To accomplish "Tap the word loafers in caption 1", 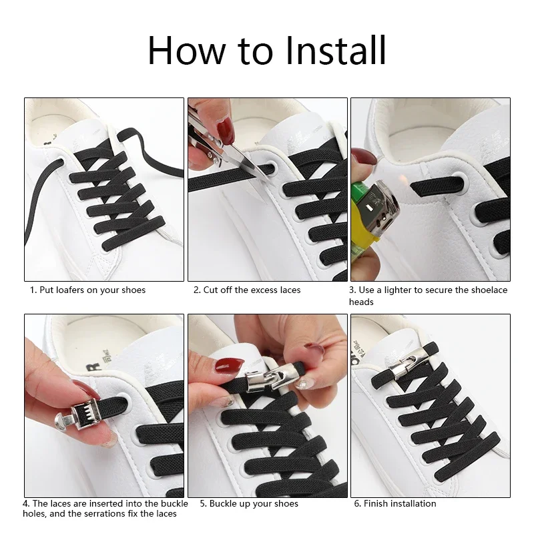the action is click(70, 290).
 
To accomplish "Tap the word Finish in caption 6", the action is click(374, 503).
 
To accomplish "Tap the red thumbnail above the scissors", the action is click(226, 130).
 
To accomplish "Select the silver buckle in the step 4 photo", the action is click(79, 418).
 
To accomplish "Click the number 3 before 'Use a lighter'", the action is click(352, 290).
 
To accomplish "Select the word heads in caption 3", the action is click(361, 302).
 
